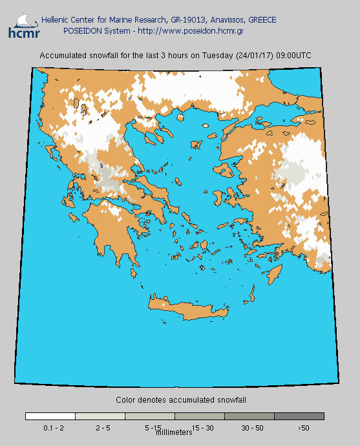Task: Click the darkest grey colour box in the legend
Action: (299, 416)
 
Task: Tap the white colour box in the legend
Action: (50, 416)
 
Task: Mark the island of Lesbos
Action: (228, 170)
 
